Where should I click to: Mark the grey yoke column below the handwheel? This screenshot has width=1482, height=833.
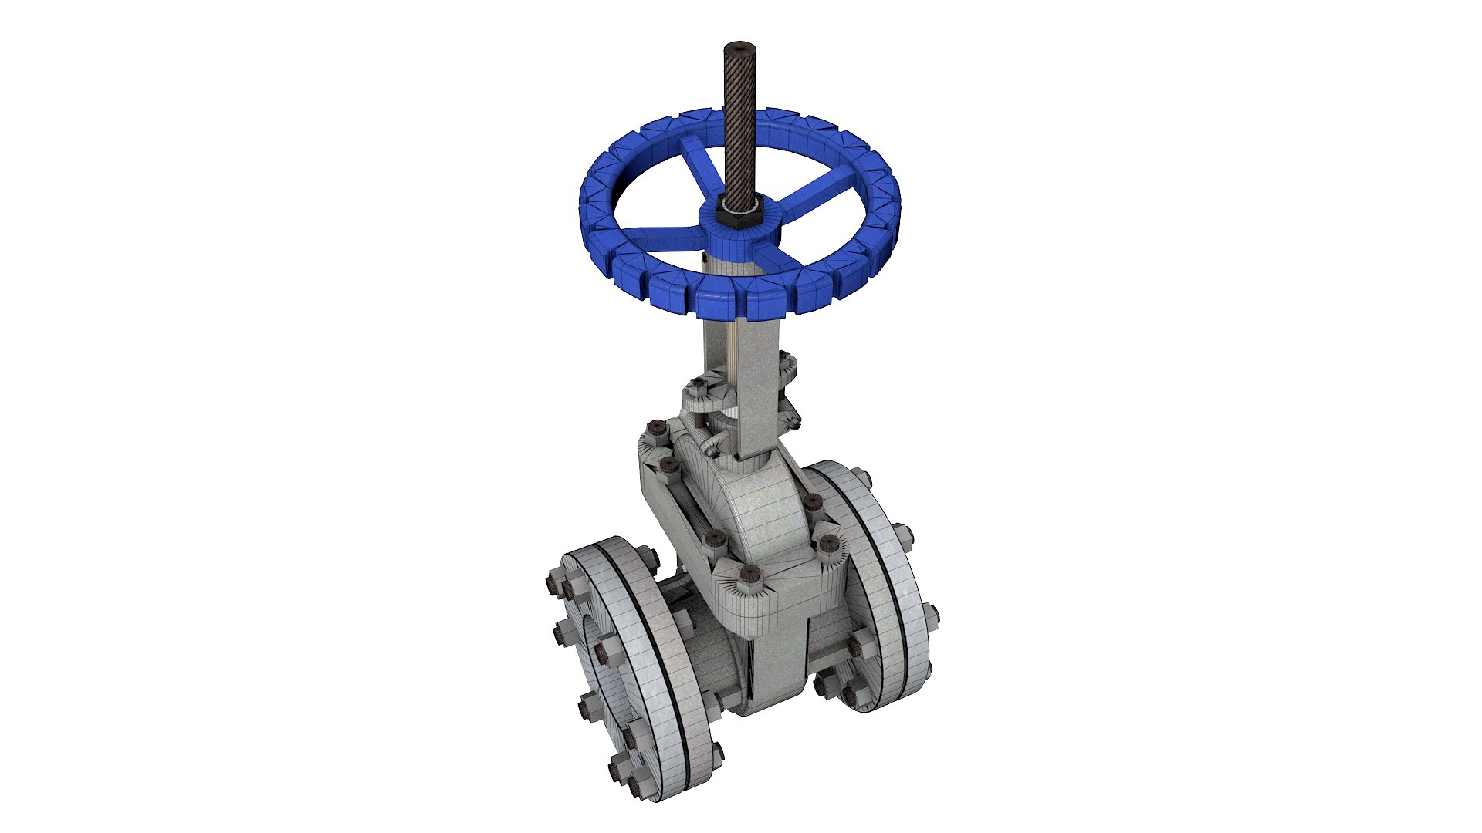click(741, 370)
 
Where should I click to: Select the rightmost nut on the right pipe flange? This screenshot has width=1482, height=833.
click(931, 615)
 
